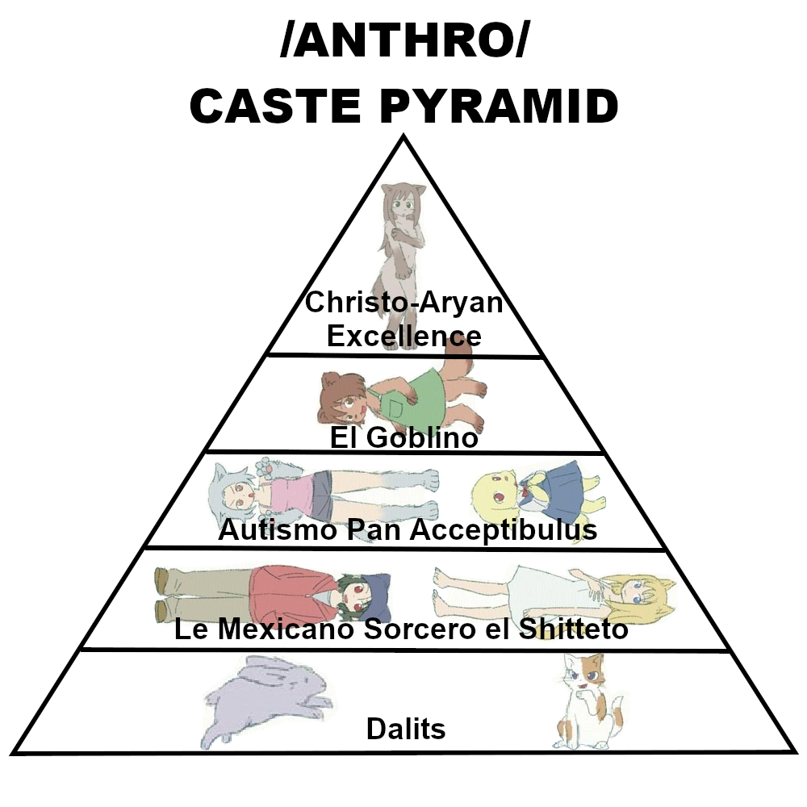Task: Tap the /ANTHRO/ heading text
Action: [x=403, y=45]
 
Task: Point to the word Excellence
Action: [x=403, y=335]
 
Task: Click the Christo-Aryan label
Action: [x=403, y=304]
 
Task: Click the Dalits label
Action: [x=406, y=729]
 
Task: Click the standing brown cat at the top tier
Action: [x=401, y=234]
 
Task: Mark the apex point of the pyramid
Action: [x=403, y=137]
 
